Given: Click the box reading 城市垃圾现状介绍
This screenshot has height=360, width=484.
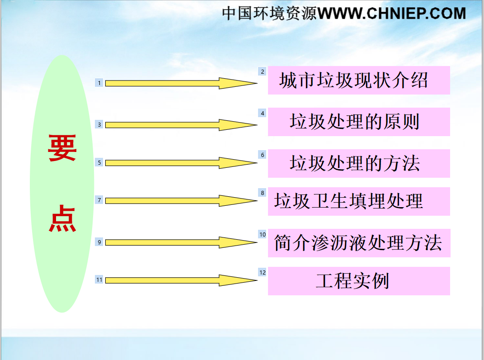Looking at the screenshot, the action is coord(359,80).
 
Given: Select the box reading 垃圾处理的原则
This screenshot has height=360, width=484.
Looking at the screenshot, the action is coord(359,122).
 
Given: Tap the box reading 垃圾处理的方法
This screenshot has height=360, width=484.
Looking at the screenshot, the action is coord(359,163).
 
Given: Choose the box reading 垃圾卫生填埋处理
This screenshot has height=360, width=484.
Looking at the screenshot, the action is coord(359,201).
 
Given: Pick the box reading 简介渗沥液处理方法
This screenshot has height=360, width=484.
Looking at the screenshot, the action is coord(359,243).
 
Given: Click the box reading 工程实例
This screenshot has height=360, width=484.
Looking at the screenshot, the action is coord(359,281).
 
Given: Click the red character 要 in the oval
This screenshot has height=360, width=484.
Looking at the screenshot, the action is coord(62,148).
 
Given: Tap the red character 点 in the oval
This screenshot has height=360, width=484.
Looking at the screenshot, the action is coord(62,218).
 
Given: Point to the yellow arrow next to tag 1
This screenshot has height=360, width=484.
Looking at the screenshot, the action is coord(181,83).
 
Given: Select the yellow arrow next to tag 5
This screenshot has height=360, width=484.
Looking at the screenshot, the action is coord(181,163).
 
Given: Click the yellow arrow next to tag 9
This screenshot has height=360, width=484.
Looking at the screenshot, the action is coord(181,242).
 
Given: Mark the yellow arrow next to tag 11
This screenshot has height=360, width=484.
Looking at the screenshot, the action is coord(181,280).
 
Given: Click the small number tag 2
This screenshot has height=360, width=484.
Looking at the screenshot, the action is coord(263,71).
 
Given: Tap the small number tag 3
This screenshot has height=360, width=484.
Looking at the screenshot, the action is coord(99,124).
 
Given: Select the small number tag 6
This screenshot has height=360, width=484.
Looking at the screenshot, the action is coord(263,155).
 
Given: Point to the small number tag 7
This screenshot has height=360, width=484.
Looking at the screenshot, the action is coord(99,200).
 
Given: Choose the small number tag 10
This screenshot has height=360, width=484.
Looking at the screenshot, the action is coord(263,234).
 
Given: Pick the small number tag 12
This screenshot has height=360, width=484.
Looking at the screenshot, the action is coord(263,272).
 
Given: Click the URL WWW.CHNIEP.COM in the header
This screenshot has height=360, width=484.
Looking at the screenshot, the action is coord(392,14).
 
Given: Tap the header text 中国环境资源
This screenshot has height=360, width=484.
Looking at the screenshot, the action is coord(269,14).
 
